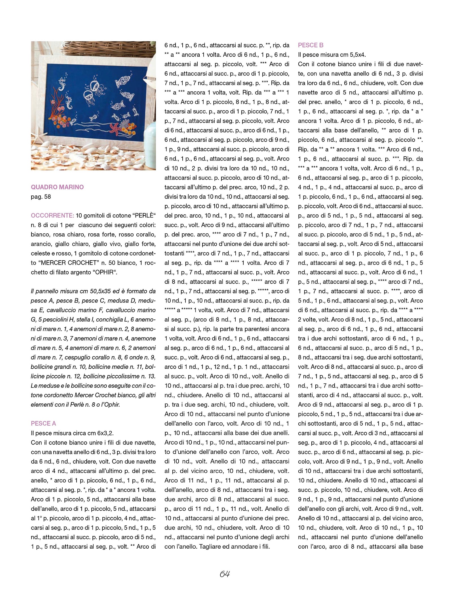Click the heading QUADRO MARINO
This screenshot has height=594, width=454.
pos(57,187)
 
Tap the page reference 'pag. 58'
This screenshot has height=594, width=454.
pos(41,196)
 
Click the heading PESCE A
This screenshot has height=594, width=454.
pos(43,423)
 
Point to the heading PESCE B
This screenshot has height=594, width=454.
pos(311,45)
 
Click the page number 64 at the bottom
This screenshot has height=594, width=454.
pos(224,574)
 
